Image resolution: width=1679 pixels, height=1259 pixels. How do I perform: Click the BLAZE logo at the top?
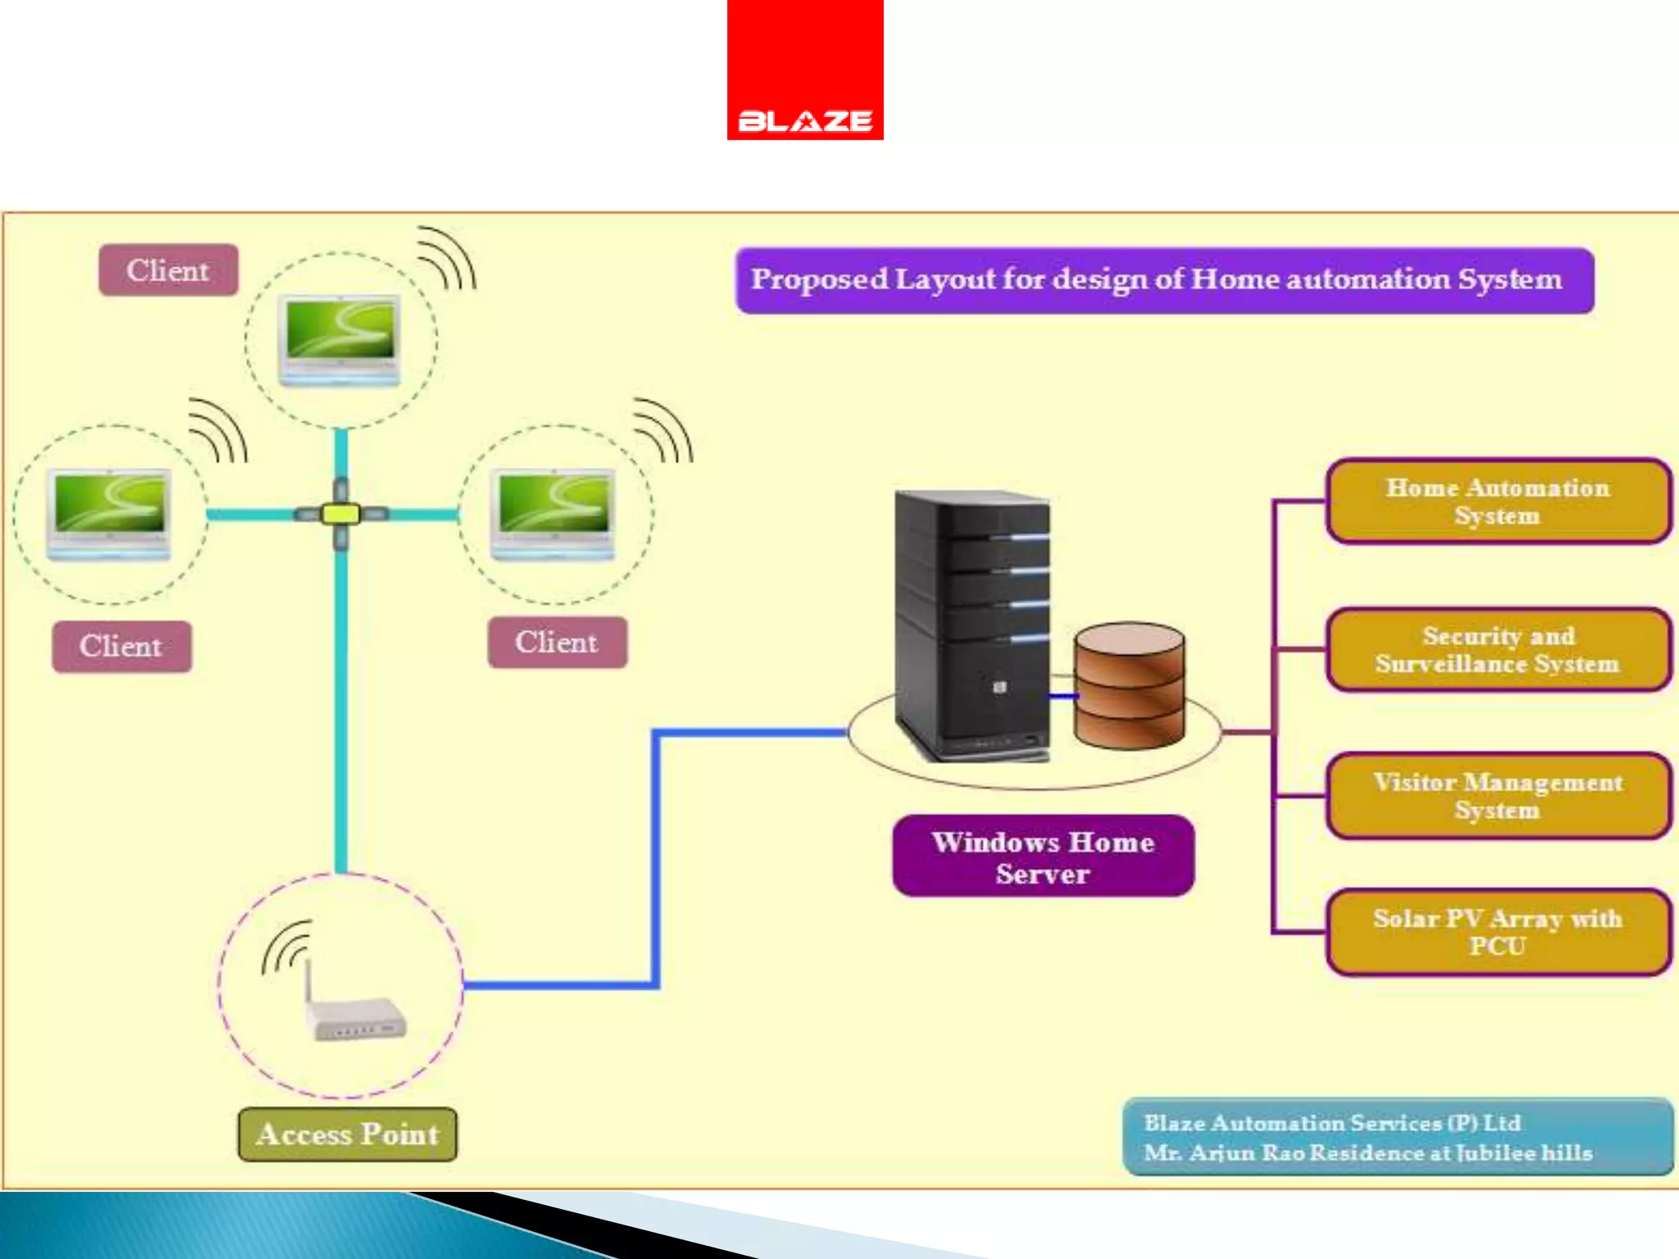click(x=804, y=70)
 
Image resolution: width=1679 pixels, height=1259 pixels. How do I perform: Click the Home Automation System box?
click(x=1497, y=501)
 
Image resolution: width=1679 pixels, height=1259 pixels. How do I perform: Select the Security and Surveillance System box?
click(x=1497, y=649)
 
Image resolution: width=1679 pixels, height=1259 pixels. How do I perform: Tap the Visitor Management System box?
click(x=1497, y=795)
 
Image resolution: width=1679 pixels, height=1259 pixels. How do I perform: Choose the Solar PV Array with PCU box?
click(x=1497, y=932)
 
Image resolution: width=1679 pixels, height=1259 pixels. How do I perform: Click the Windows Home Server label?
click(x=1043, y=857)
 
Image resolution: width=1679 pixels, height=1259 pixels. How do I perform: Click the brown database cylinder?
click(x=1130, y=686)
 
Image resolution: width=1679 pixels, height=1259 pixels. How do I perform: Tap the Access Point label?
click(x=348, y=1134)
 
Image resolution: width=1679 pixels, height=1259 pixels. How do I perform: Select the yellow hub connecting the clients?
click(x=340, y=514)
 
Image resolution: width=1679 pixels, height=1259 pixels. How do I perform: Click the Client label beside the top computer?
click(x=168, y=270)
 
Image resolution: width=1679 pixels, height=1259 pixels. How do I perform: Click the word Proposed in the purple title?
click(x=819, y=280)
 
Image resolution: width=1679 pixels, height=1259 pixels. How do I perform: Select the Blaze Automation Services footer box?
click(x=1398, y=1137)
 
